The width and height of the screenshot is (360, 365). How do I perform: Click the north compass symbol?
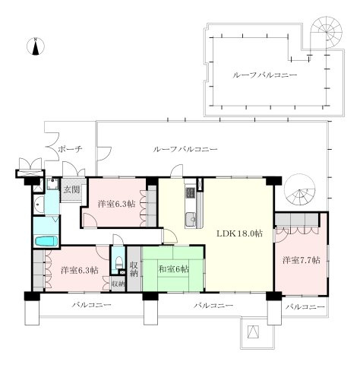point(36,46)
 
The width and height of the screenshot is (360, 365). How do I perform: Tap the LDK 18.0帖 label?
point(239,233)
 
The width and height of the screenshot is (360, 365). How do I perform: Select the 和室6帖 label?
point(174,269)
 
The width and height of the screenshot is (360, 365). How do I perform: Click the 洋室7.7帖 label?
point(302,260)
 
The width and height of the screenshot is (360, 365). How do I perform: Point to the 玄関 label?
point(71,189)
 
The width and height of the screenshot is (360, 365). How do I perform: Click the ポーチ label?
point(71,149)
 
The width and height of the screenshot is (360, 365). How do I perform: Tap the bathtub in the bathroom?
point(46,241)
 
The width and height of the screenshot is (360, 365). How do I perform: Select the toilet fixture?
point(118,262)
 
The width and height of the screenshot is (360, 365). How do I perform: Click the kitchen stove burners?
point(190,192)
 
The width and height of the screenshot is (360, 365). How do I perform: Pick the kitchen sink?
point(191,218)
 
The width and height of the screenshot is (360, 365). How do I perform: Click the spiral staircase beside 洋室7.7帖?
point(300,189)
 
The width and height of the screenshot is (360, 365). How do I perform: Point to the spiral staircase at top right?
point(327,33)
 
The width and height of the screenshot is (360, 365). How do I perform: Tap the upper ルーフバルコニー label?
point(264,75)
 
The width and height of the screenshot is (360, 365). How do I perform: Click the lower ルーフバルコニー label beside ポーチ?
point(185,149)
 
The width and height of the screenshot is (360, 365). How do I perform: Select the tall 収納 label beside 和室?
point(134,269)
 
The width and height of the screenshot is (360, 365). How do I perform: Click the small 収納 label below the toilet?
point(118,284)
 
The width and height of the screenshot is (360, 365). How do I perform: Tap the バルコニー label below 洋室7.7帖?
point(305,307)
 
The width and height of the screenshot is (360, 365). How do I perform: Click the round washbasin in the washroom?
point(38,205)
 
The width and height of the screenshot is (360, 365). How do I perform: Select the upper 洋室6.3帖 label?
point(116,204)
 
